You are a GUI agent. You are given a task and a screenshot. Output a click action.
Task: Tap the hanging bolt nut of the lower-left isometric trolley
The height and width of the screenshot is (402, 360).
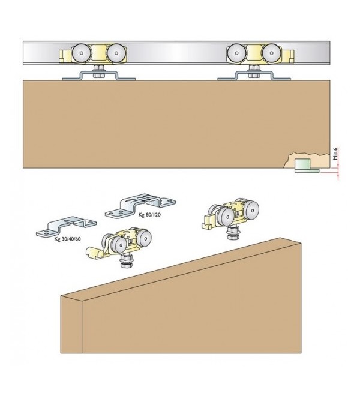click(x=127, y=262)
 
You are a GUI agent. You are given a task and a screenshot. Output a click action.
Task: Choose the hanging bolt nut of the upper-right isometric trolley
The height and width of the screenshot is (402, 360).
click(x=231, y=233)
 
